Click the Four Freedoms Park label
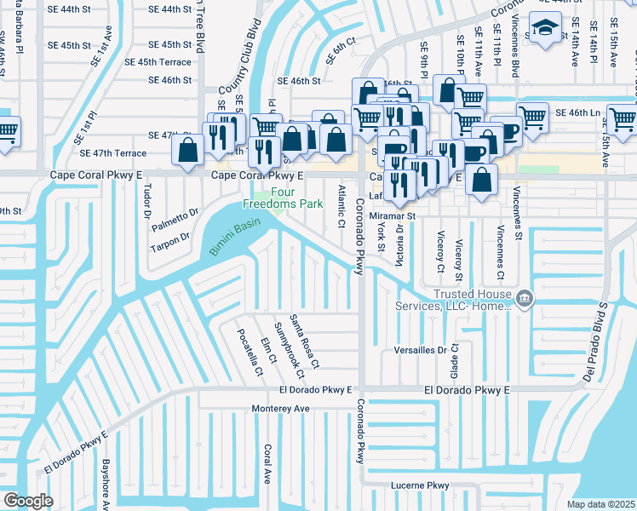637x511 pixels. coord(271,198)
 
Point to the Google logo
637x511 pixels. coord(28,500)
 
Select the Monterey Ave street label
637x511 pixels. coord(280,409)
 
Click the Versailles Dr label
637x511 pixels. coord(420,350)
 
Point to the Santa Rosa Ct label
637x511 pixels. coord(304,342)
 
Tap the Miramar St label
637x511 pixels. coord(392,216)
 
